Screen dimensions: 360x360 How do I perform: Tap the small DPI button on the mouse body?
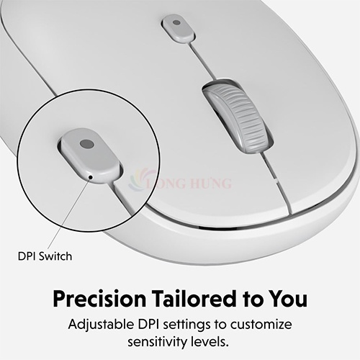pos(178,27)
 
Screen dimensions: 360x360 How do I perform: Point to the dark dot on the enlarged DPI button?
pos(87,144)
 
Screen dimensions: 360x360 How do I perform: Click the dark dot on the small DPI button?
pos(176,22)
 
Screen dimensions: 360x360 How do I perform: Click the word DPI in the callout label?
pos(27,256)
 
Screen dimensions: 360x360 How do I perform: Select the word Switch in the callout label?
pos(55,256)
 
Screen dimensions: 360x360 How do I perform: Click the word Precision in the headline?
pos(99,299)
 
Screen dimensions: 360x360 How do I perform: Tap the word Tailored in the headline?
pos(194,299)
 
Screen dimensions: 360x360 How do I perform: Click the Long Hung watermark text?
pos(189,183)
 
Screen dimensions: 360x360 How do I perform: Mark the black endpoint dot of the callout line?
pos(91,177)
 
